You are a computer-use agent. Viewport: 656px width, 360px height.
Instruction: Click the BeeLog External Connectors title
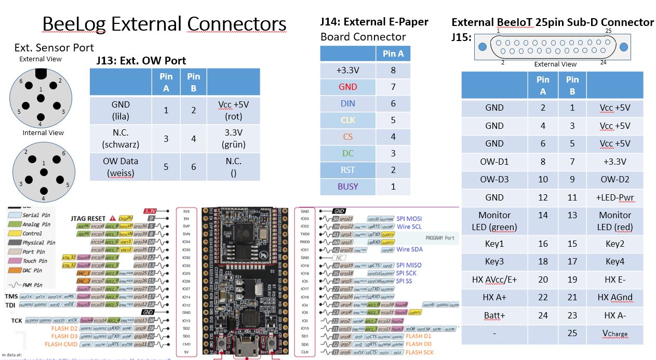[x=164, y=24]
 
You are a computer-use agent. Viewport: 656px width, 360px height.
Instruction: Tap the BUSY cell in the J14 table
[x=348, y=186]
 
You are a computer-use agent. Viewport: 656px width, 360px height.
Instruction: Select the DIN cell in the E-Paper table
[x=348, y=103]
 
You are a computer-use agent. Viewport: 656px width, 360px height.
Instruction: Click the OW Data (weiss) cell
[x=121, y=167]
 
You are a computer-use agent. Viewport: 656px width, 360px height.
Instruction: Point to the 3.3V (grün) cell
[x=233, y=139]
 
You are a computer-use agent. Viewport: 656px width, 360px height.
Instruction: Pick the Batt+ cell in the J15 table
[x=494, y=315]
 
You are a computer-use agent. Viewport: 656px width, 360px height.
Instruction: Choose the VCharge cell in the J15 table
[x=614, y=334]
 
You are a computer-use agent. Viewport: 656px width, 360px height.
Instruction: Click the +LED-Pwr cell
[x=615, y=197]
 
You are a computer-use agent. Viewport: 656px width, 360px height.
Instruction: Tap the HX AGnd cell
[x=615, y=298]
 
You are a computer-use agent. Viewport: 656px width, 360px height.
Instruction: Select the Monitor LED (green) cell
[x=494, y=221]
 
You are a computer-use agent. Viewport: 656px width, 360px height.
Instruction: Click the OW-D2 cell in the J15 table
[x=615, y=180]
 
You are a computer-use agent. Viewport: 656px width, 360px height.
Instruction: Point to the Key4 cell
[x=615, y=262]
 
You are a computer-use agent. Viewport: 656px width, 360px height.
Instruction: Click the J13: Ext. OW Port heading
[x=141, y=61]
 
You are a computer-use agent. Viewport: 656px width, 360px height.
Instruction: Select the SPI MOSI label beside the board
[x=409, y=219]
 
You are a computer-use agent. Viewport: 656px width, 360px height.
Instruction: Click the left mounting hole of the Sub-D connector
[x=483, y=47]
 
